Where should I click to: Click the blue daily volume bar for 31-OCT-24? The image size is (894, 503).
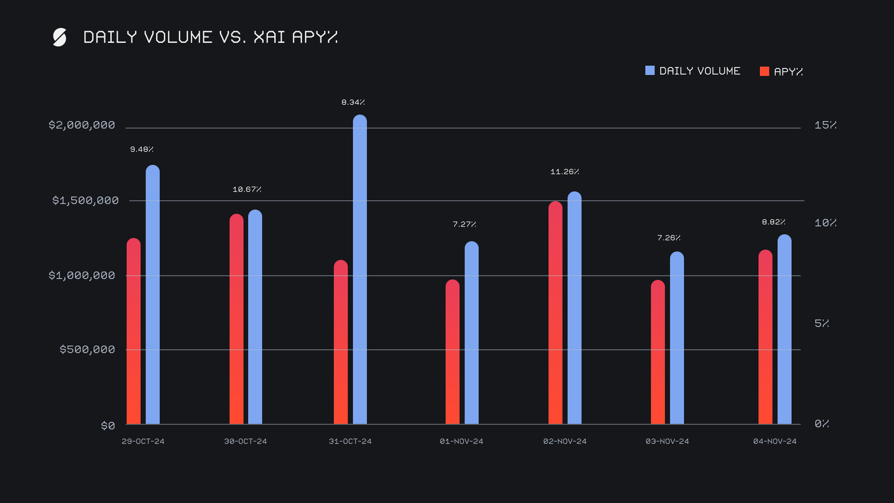click(x=359, y=270)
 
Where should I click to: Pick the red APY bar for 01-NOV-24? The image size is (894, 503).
click(x=452, y=352)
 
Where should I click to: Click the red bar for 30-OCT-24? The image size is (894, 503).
click(x=236, y=319)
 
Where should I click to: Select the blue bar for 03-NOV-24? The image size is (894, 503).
click(x=677, y=338)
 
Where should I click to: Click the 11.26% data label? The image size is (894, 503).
click(x=564, y=172)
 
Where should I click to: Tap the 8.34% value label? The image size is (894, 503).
click(x=353, y=102)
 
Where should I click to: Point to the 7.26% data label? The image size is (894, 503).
click(x=669, y=238)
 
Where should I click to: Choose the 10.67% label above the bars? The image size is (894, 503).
click(x=247, y=190)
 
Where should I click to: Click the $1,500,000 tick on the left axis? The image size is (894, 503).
click(x=85, y=200)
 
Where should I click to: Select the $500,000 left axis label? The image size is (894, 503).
click(x=87, y=349)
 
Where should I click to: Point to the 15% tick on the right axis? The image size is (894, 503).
click(x=825, y=125)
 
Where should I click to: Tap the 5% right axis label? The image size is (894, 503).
click(x=821, y=323)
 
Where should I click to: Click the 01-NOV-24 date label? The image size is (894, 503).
click(x=461, y=441)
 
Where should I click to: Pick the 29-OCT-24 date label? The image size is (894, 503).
click(x=143, y=441)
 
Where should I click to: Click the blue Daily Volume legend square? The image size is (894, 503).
click(x=650, y=71)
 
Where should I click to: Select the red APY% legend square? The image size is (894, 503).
click(x=764, y=71)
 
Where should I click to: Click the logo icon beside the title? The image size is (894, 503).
click(x=60, y=37)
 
